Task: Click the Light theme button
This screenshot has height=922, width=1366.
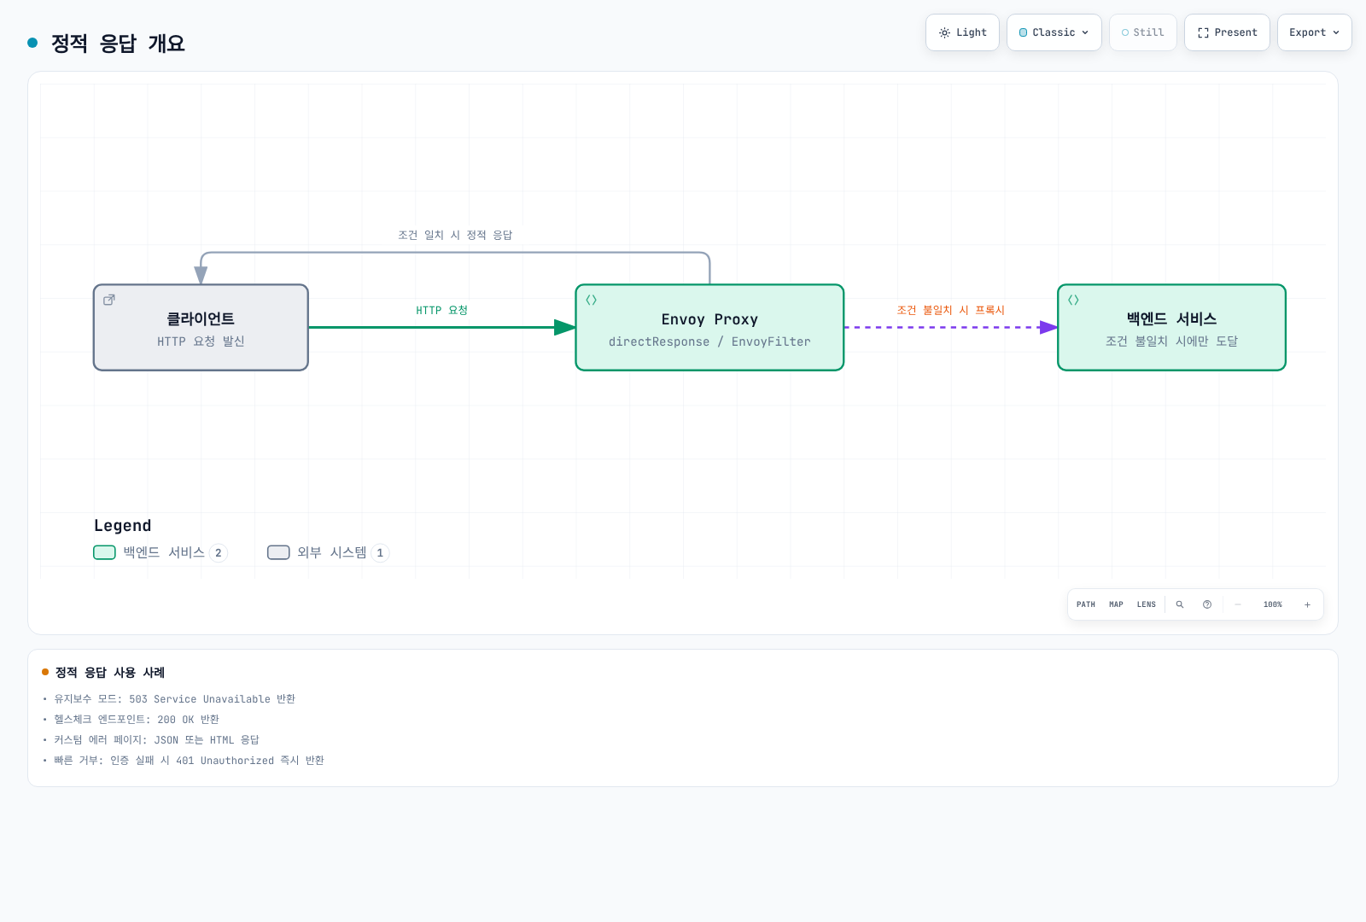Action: click(x=962, y=32)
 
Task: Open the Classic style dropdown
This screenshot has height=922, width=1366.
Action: click(x=1054, y=32)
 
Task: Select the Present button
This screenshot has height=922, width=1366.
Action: click(x=1227, y=32)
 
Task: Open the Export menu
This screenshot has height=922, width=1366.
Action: click(x=1314, y=32)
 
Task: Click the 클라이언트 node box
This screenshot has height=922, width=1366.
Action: click(x=201, y=328)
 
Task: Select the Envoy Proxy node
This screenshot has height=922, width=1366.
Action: click(x=709, y=328)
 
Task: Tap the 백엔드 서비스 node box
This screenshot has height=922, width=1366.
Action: click(x=1171, y=328)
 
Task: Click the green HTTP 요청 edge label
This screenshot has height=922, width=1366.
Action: click(x=441, y=311)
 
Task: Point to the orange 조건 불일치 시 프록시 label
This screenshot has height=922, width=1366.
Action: click(x=950, y=311)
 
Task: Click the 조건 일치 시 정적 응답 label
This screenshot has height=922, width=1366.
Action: click(x=455, y=236)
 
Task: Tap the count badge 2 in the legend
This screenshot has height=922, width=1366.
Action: click(x=219, y=553)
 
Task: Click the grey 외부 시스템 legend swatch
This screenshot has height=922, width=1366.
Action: click(x=278, y=552)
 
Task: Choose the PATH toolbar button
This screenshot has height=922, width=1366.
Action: click(x=1085, y=604)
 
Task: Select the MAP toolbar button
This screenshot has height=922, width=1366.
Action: click(x=1116, y=604)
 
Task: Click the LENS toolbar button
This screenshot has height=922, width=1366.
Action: click(x=1147, y=604)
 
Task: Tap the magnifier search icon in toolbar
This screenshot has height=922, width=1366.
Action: click(x=1180, y=604)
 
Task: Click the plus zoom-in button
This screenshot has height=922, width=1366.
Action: click(x=1307, y=605)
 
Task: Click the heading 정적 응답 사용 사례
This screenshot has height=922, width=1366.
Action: click(x=110, y=673)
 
